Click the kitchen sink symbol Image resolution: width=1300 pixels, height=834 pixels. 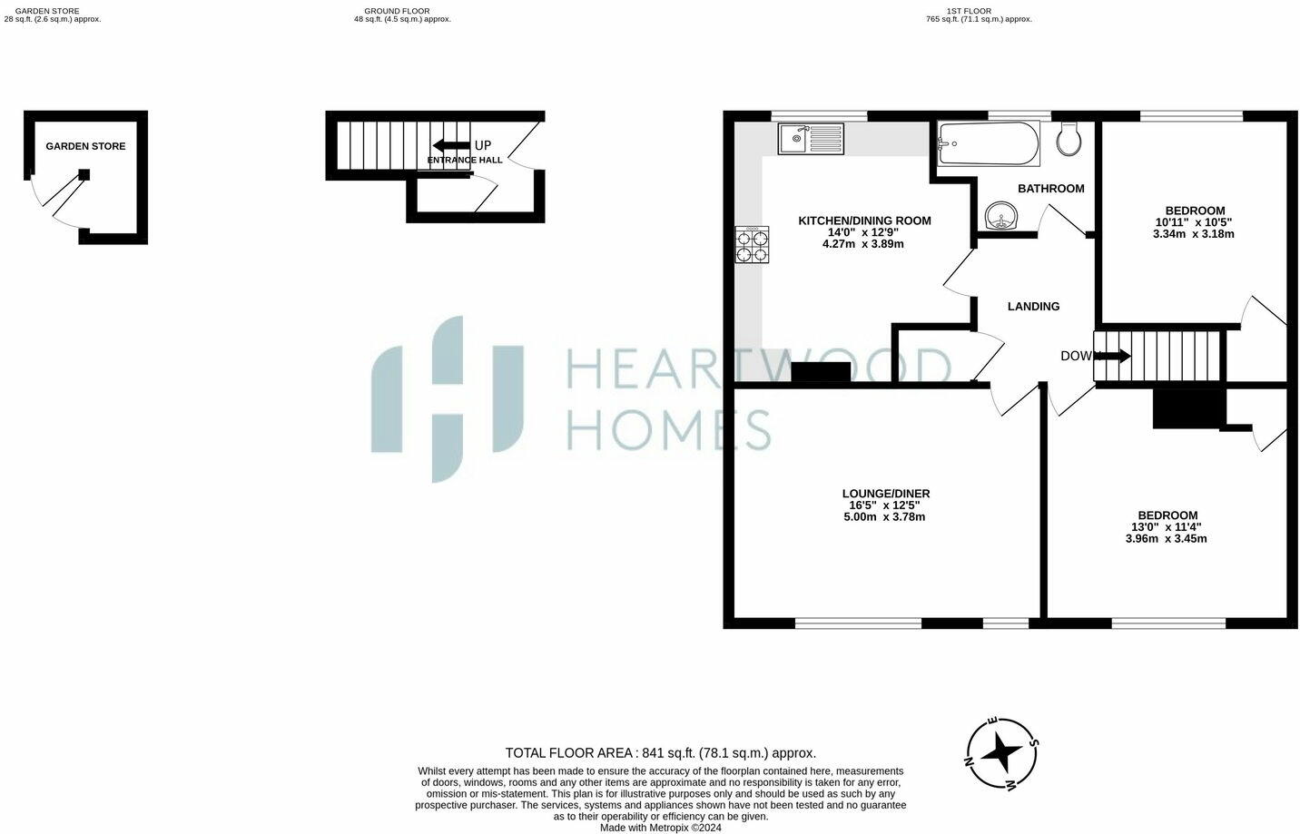(x=811, y=139)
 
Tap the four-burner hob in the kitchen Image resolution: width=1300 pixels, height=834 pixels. (x=753, y=246)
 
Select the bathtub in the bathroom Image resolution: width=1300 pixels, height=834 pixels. (x=988, y=144)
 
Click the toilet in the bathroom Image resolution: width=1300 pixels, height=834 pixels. (x=1070, y=139)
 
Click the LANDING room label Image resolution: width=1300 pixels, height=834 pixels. (x=1033, y=307)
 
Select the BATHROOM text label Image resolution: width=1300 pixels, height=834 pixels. (x=1050, y=189)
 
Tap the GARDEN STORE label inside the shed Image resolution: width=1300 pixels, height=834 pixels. (x=85, y=146)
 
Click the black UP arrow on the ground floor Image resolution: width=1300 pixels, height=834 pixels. (x=450, y=145)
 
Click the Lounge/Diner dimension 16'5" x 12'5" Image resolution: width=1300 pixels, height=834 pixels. (x=885, y=505)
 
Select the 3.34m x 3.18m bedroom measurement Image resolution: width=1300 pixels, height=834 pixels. (x=1193, y=234)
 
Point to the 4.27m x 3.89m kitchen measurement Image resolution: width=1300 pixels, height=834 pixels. (x=862, y=244)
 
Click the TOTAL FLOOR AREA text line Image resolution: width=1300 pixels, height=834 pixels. (x=660, y=752)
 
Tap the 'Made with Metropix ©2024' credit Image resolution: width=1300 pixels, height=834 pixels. (x=660, y=827)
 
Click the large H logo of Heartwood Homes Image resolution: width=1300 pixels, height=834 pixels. (x=447, y=398)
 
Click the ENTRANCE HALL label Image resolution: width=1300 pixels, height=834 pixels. (x=464, y=161)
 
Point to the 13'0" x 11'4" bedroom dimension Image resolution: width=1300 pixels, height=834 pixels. (x=1166, y=527)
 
